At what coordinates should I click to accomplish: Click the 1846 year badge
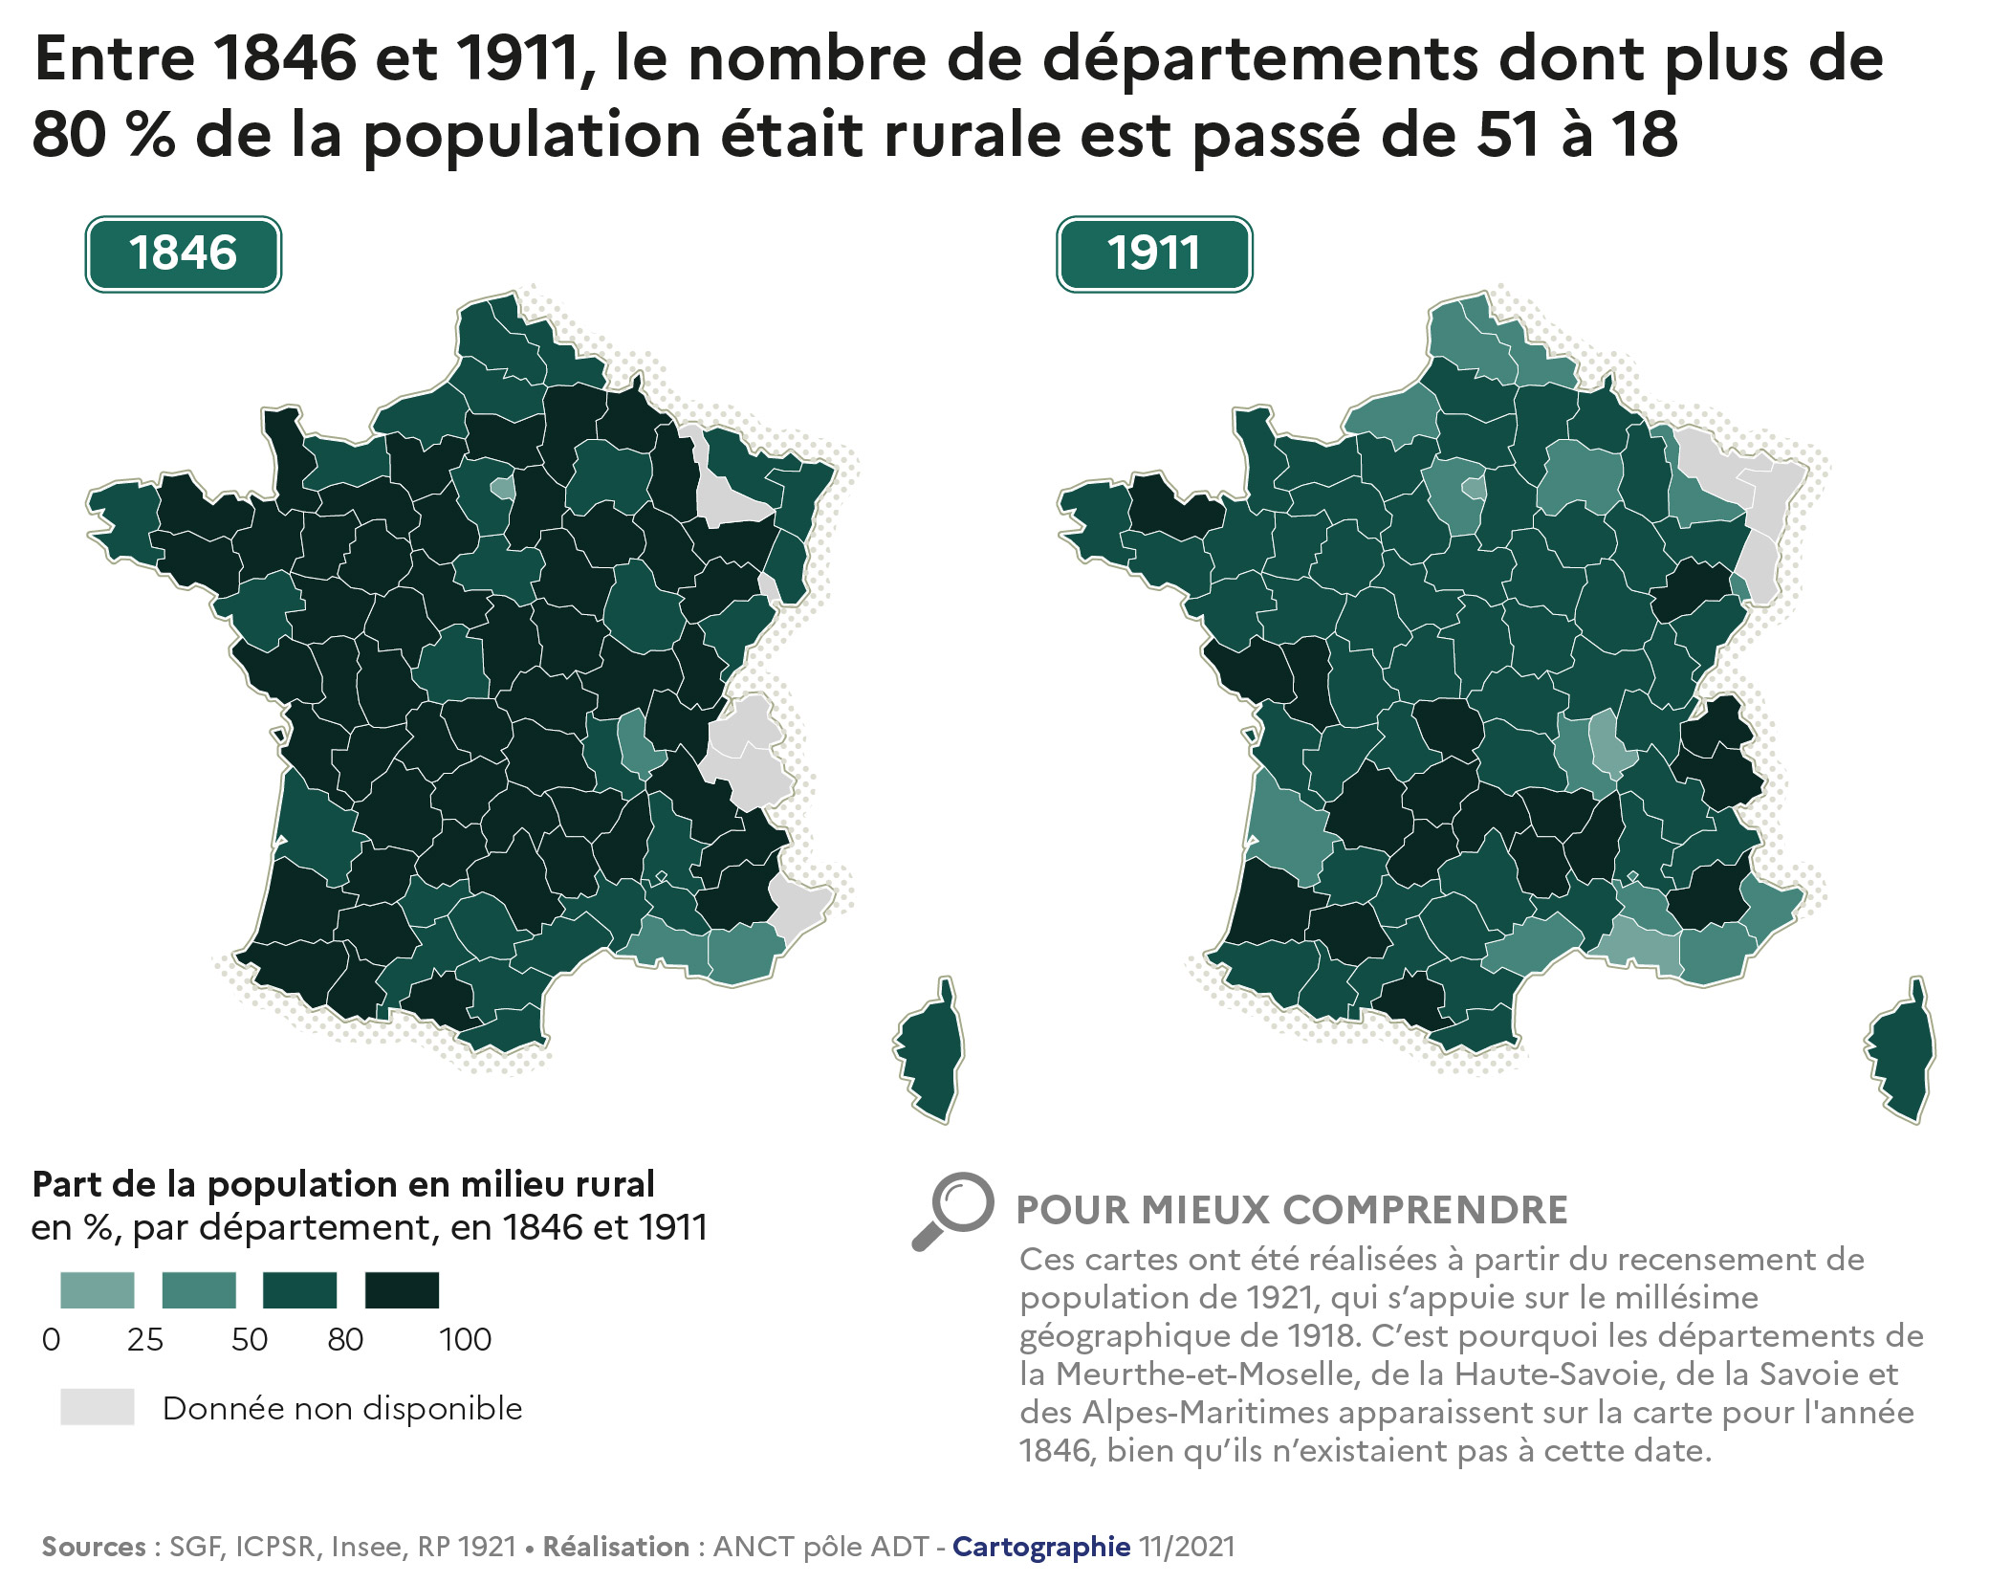(x=183, y=253)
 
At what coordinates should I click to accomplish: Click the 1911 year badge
(x=1153, y=253)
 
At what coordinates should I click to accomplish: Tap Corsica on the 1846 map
(x=929, y=1052)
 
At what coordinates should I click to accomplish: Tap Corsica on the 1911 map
(x=1901, y=1052)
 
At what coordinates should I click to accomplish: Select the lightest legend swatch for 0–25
(x=97, y=1289)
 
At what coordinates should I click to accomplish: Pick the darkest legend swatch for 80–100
(x=402, y=1289)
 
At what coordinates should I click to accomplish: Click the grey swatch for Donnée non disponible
(x=97, y=1407)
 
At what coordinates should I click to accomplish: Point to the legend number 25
(x=145, y=1340)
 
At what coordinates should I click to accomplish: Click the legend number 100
(x=465, y=1340)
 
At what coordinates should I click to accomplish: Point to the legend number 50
(x=249, y=1340)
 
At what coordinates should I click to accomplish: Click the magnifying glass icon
(x=952, y=1209)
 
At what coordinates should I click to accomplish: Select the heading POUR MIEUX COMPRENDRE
(x=1291, y=1210)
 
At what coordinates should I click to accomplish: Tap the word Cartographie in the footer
(x=1040, y=1547)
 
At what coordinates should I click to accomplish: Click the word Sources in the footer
(x=93, y=1547)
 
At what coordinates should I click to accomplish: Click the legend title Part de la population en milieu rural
(x=343, y=1184)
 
